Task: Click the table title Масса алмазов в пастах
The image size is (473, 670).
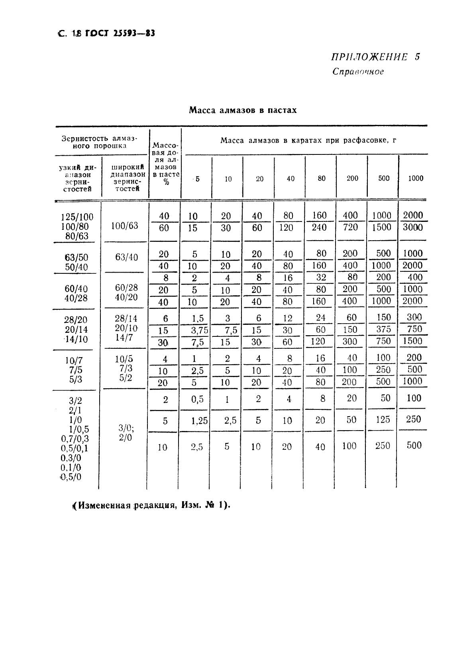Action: (243, 110)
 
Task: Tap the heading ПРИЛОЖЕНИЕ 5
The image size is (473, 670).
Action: (375, 57)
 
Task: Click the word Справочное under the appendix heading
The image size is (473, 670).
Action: (358, 72)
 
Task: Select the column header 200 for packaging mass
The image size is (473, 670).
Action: (352, 178)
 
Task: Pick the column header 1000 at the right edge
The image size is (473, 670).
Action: (415, 178)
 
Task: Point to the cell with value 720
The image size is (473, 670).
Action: (350, 227)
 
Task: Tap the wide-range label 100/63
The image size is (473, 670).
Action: (124, 226)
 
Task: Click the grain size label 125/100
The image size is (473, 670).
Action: (77, 217)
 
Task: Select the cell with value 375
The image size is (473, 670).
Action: (383, 330)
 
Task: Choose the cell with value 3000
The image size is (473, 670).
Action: (413, 227)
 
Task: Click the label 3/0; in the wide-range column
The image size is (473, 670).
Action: (126, 428)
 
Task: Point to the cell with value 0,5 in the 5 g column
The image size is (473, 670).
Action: (197, 399)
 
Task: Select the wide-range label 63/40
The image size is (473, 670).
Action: (126, 257)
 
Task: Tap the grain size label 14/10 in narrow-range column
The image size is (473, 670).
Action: (76, 339)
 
